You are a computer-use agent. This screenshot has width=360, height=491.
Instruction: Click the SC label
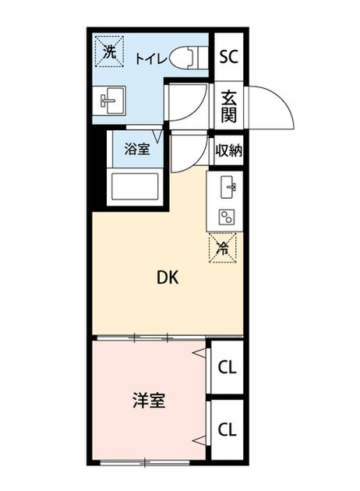228,57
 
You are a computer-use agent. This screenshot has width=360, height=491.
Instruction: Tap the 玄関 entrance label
229,107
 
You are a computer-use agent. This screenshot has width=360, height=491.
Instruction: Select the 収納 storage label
229,150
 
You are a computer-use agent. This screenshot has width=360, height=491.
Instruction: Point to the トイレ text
150,58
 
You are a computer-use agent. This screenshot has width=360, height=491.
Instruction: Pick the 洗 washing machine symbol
109,51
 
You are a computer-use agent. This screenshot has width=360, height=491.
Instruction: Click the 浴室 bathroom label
137,149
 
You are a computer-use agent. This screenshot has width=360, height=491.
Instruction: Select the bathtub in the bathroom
136,186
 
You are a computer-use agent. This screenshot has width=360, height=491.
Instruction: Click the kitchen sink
228,187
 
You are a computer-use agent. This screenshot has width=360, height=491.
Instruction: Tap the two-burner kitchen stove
227,217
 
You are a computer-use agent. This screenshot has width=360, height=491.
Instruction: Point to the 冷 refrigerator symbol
223,248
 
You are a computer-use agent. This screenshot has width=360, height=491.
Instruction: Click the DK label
168,277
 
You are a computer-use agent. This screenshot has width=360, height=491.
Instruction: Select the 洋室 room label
149,401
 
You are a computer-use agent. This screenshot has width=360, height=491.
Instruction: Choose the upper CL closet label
227,367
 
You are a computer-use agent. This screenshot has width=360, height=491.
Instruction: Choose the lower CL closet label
227,429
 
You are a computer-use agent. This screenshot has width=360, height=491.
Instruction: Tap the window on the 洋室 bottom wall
145,462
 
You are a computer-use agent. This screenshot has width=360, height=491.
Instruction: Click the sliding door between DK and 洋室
151,337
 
